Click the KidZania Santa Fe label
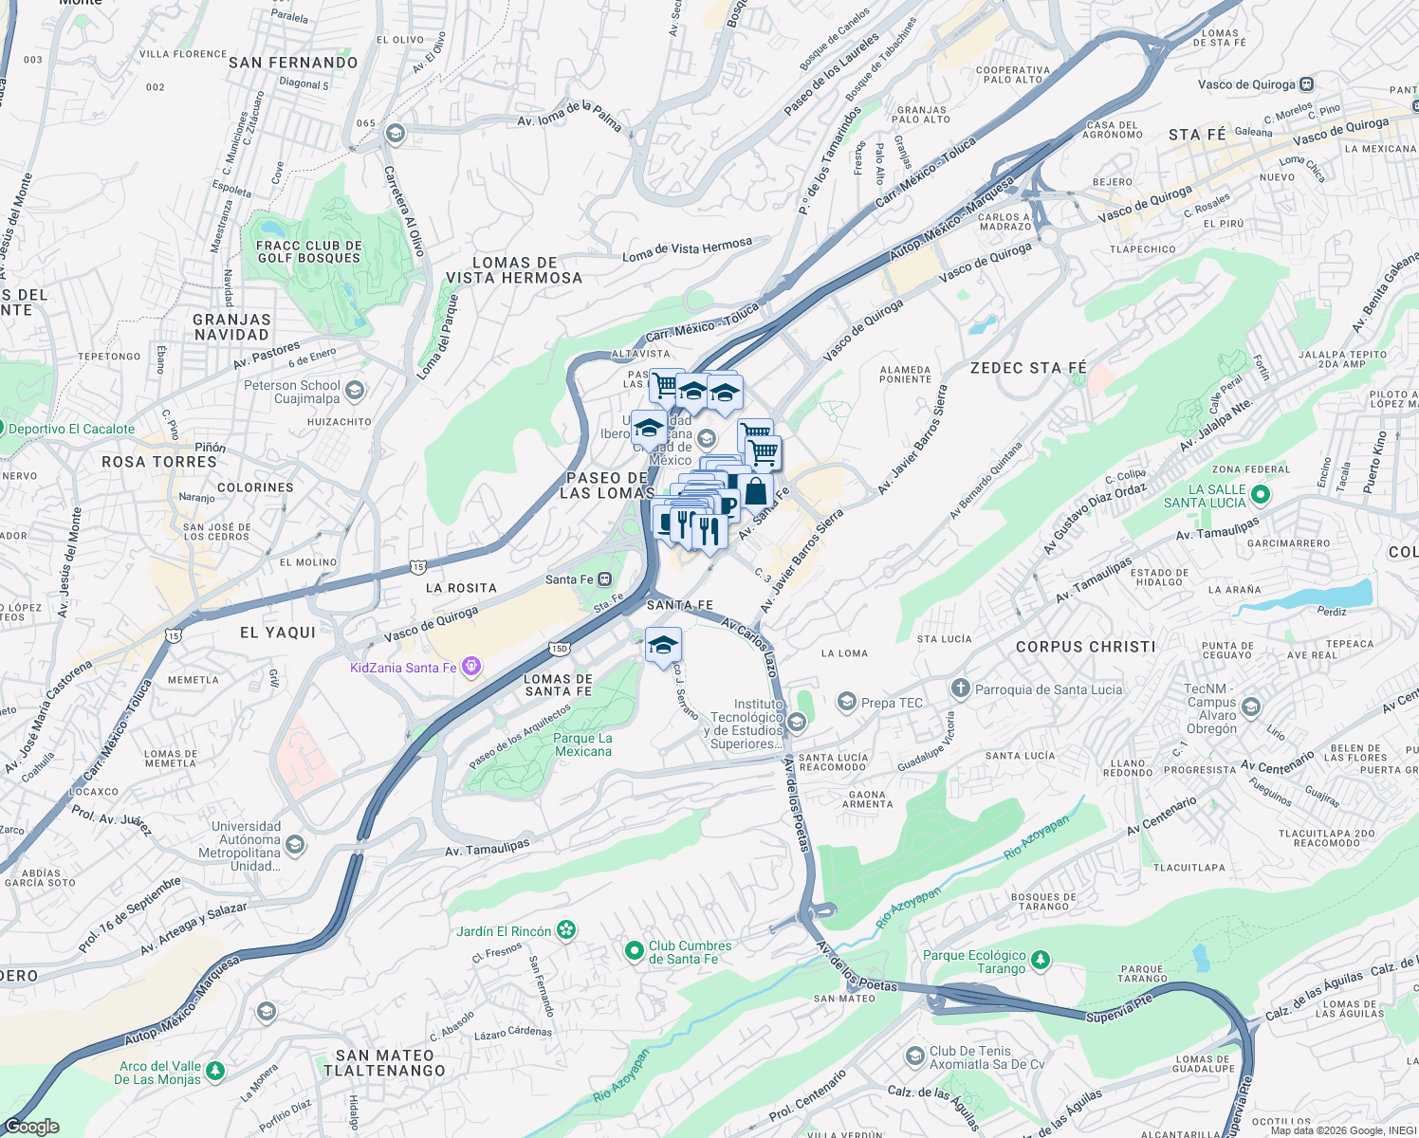pos(403,668)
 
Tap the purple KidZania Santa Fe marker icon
pos(471,668)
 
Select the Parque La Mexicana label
pos(582,744)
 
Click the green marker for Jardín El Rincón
pos(566,930)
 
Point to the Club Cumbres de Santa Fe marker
pos(635,949)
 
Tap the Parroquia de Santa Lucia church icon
pos(961,688)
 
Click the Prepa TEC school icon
pos(846,702)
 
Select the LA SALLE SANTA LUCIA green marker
pos(1261,494)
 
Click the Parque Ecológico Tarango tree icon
pos(1041,960)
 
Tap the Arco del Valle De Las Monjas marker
pos(215,1071)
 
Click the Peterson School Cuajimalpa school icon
pos(355,390)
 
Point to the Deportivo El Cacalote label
pos(71,429)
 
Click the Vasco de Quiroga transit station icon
pos(1306,83)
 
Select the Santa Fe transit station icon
pos(604,579)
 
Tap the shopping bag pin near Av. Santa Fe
pos(756,492)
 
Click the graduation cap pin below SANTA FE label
pos(663,646)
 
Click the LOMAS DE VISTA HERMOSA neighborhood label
pos(514,270)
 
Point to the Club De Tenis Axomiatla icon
pos(914,1055)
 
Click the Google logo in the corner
pos(31,1126)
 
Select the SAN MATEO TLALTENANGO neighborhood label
pos(384,1062)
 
